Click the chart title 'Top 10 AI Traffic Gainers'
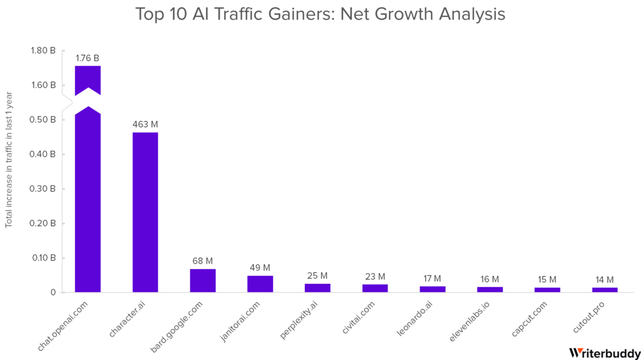point(320,14)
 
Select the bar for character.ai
point(145,212)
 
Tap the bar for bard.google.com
point(202,281)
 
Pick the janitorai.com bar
point(260,284)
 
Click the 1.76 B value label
point(87,58)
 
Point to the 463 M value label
point(145,124)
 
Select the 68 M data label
point(202,261)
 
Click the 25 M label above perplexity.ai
point(318,276)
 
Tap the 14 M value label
point(604,280)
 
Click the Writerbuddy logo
point(604,353)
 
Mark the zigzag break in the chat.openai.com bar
point(87,101)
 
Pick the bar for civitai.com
point(375,288)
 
